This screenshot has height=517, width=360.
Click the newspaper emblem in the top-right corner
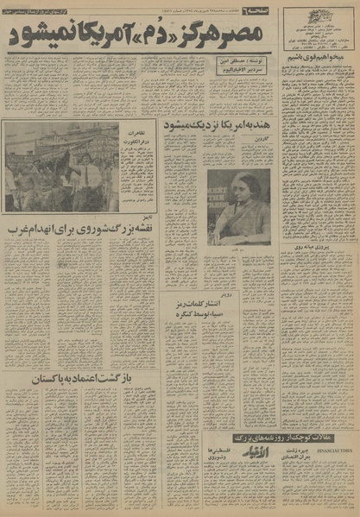pyautogui.click(x=333, y=16)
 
